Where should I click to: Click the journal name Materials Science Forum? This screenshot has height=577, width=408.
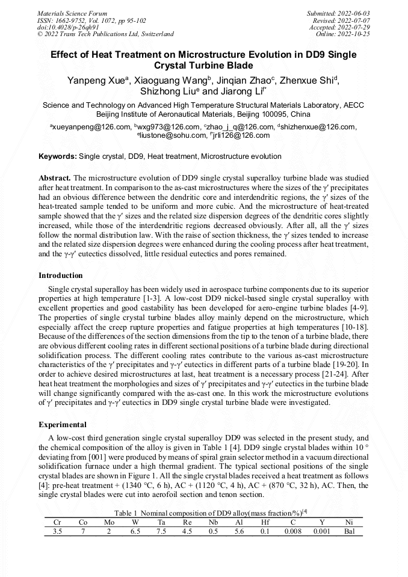pos(72,13)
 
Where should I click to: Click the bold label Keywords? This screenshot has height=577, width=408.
pos(58,156)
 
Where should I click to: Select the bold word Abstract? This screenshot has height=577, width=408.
pos(54,179)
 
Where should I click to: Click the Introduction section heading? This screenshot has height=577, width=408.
pos(60,276)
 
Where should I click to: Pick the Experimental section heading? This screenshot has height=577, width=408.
pos(63,424)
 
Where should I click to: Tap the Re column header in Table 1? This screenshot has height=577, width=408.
pos(187,522)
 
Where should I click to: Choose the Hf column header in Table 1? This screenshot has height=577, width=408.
pos(265,522)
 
